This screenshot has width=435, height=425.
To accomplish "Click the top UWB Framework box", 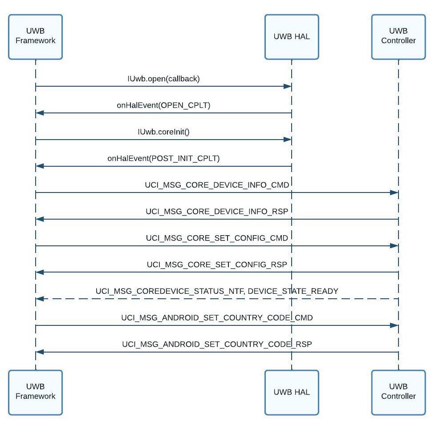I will click(35, 36).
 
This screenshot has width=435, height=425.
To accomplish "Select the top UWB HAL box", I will click(292, 36).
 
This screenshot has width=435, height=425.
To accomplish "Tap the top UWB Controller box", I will click(398, 36).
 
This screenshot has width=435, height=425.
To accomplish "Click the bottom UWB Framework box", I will click(35, 392).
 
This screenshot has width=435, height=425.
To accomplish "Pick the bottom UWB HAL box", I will click(292, 392).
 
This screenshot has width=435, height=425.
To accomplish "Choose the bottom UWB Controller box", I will click(398, 392).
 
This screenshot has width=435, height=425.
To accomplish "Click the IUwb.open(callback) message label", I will click(163, 79).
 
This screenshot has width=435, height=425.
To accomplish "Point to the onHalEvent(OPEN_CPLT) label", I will click(163, 105).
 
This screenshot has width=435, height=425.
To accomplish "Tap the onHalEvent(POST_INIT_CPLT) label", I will click(163, 158).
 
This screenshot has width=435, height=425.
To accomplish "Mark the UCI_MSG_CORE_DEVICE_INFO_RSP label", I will click(217, 211).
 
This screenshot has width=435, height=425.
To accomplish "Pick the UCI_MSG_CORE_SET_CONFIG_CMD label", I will click(217, 238).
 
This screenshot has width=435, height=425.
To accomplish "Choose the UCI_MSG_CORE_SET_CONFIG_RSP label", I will click(217, 265).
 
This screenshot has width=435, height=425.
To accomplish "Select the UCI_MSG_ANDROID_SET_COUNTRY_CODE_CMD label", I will click(217, 318).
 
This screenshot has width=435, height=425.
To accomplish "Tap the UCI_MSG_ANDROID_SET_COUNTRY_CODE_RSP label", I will click(217, 345).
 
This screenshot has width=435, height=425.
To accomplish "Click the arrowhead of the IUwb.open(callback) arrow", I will click(288, 86).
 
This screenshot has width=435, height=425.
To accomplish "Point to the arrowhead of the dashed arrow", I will click(40, 299).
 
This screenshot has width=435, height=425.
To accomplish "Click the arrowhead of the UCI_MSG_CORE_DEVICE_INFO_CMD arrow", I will click(394, 192).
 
